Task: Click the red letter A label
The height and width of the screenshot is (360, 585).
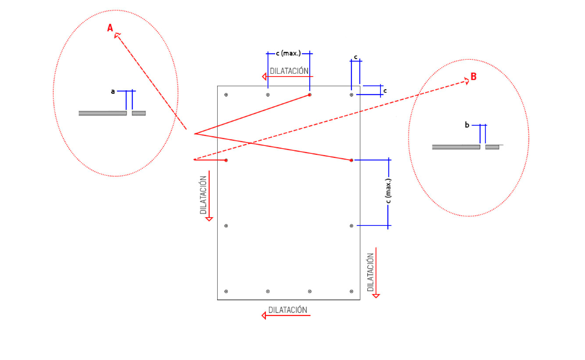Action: (110, 27)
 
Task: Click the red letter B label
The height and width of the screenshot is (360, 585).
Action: (473, 77)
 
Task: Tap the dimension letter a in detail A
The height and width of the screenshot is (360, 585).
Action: (113, 92)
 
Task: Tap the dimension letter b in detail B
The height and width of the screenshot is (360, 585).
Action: (467, 125)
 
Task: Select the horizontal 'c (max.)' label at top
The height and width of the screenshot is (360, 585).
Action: (289, 54)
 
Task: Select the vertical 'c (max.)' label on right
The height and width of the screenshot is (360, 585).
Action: (388, 191)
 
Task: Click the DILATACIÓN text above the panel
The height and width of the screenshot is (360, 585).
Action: (289, 71)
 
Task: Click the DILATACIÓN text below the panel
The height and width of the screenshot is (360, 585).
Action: (288, 310)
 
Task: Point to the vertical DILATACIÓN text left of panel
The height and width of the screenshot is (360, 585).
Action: (203, 195)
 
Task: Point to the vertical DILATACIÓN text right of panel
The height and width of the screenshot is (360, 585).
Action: (370, 272)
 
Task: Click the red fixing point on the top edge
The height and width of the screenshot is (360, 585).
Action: (310, 95)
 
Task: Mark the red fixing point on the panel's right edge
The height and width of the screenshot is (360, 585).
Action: (351, 160)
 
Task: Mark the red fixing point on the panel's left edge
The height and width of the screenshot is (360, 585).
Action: (226, 160)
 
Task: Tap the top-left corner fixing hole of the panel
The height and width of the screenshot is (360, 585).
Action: (226, 95)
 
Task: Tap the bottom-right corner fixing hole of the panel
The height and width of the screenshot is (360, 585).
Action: (351, 291)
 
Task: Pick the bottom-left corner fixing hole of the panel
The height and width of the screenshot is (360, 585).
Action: (226, 291)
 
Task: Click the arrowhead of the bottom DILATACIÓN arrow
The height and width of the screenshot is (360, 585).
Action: (265, 315)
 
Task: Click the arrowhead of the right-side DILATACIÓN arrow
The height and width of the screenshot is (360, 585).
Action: (376, 295)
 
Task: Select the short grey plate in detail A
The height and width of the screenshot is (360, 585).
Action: (139, 113)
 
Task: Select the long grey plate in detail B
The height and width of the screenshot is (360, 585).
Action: (456, 147)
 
